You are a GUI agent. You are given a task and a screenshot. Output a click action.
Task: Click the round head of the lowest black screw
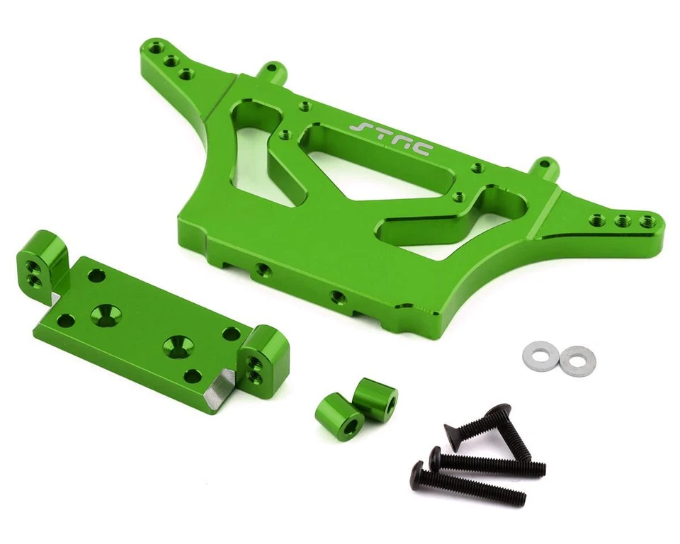coord(418,470)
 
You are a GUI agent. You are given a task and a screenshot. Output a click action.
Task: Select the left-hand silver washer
coord(540,355)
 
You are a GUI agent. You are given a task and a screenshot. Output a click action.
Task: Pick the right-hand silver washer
coord(577,361)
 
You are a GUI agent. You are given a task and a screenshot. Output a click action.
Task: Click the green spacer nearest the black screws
coord(375,399)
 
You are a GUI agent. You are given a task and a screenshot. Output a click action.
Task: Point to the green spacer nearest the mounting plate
coord(339,417)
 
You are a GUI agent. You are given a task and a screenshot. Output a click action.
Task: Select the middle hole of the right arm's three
coord(623,220)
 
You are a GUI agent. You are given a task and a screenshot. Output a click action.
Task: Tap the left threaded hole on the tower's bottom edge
coord(263,269)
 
